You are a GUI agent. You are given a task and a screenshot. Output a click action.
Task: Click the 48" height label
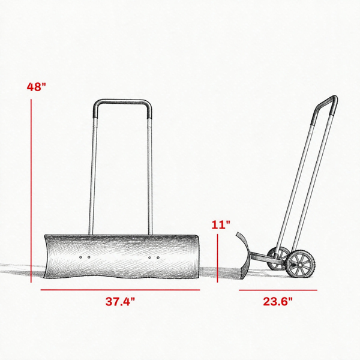pos(36,87)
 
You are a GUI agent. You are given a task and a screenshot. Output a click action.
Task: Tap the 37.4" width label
pos(121,301)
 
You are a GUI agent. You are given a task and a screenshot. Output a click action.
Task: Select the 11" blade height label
pos(221,224)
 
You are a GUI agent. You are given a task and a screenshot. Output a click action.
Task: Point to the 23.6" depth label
pos(278,301)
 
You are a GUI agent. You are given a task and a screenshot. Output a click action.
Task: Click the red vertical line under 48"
pos(31,191)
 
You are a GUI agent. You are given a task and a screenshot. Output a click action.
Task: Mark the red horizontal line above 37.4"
pos(121,290)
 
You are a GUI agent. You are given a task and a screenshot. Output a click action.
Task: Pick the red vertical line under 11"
pos(217,258)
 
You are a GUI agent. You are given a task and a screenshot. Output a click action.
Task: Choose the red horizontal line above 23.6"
pos(278,290)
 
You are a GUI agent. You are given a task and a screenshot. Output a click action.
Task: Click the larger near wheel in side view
pos(300,264)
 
